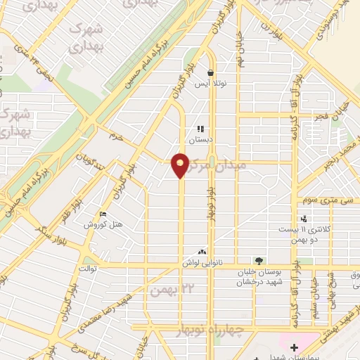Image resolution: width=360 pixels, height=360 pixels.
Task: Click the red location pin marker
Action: tap(181, 165)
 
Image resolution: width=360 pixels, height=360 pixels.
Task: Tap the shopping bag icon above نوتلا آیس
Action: tap(210, 72)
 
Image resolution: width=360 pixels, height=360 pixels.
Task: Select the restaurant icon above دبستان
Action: tap(200, 129)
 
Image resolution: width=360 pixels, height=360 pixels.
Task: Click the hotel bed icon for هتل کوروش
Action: tap(103, 214)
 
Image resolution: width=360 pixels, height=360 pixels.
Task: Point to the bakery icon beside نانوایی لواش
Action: tap(202, 251)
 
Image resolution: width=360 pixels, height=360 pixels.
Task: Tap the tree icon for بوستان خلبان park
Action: tap(259, 261)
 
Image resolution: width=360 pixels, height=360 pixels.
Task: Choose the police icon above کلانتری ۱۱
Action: tap(304, 219)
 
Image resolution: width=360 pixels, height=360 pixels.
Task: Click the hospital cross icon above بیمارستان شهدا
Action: tap(294, 347)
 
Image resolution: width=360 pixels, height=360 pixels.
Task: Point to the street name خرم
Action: tap(116, 138)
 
